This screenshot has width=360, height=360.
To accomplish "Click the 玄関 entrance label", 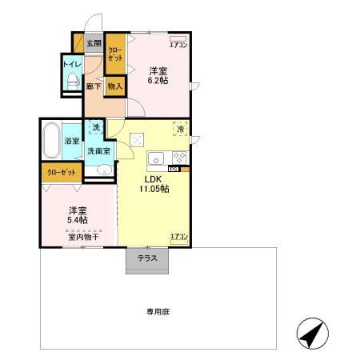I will (94, 43).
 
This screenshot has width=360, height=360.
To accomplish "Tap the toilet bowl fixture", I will (73, 80).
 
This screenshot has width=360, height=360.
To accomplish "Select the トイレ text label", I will (72, 62).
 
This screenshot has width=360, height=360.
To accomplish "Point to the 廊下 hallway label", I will (93, 86).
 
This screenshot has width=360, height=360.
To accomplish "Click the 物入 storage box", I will (115, 86).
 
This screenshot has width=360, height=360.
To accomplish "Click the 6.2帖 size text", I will (158, 80).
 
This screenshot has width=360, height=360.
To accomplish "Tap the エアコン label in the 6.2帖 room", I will (178, 45).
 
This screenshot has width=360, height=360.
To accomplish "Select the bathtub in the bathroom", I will (52, 141).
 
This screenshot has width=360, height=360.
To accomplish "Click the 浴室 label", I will (72, 141).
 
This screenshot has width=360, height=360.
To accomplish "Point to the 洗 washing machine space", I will (95, 127).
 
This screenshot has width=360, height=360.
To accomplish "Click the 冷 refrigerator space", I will (181, 129).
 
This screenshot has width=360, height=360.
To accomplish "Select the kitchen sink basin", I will (157, 157).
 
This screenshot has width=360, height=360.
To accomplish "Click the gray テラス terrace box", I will (146, 259).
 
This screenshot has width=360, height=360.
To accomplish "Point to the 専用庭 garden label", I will (156, 312).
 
